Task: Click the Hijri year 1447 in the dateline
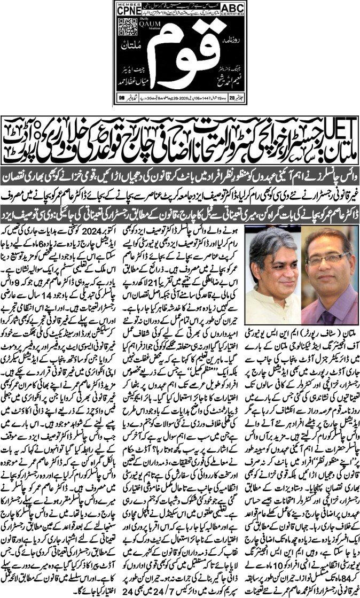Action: pos(203,97)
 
